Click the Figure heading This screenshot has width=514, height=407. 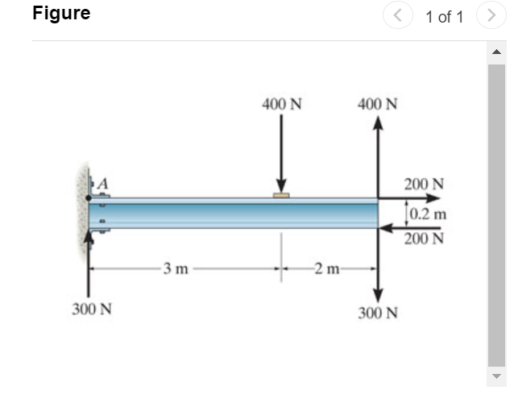(61, 14)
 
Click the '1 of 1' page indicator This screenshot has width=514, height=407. (444, 17)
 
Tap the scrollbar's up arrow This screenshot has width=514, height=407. (496, 53)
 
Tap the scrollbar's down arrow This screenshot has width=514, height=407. (496, 376)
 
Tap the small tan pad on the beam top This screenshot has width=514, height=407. (281, 195)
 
